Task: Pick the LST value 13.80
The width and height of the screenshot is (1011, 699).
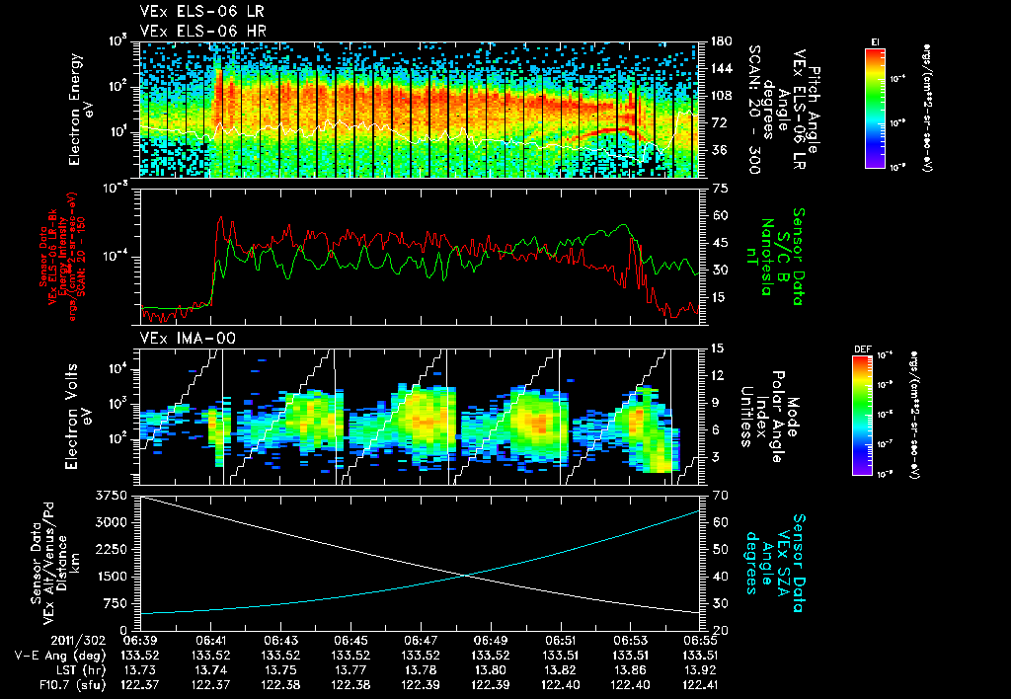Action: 491,667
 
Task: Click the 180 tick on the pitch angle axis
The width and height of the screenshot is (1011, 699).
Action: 721,41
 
